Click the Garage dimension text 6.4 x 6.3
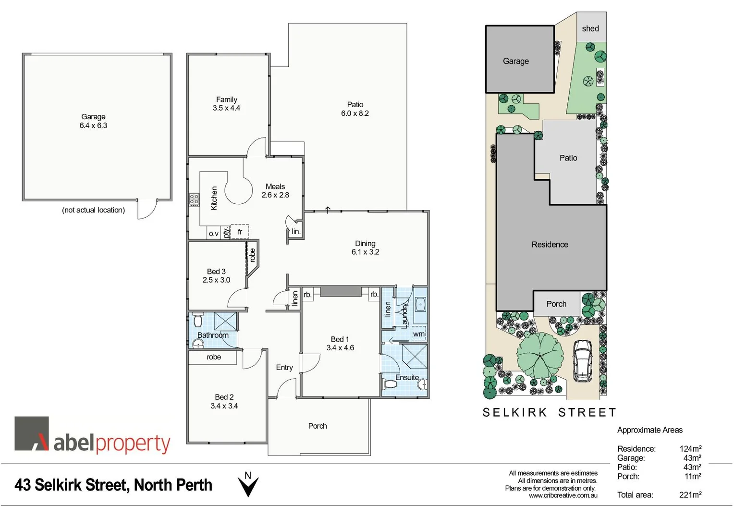[93, 126]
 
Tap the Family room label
[226, 99]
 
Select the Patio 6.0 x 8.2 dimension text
[355, 113]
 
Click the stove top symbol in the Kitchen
[194, 200]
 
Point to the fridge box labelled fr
[240, 232]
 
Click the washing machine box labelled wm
[419, 334]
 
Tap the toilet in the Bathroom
[197, 320]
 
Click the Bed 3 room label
[216, 272]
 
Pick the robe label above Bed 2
[214, 357]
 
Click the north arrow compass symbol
[248, 485]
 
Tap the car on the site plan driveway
[583, 361]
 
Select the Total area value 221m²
[690, 495]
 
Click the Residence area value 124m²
[690, 449]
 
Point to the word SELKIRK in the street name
[514, 413]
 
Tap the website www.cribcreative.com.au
[563, 495]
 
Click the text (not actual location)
[93, 210]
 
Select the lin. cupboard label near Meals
[296, 232]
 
